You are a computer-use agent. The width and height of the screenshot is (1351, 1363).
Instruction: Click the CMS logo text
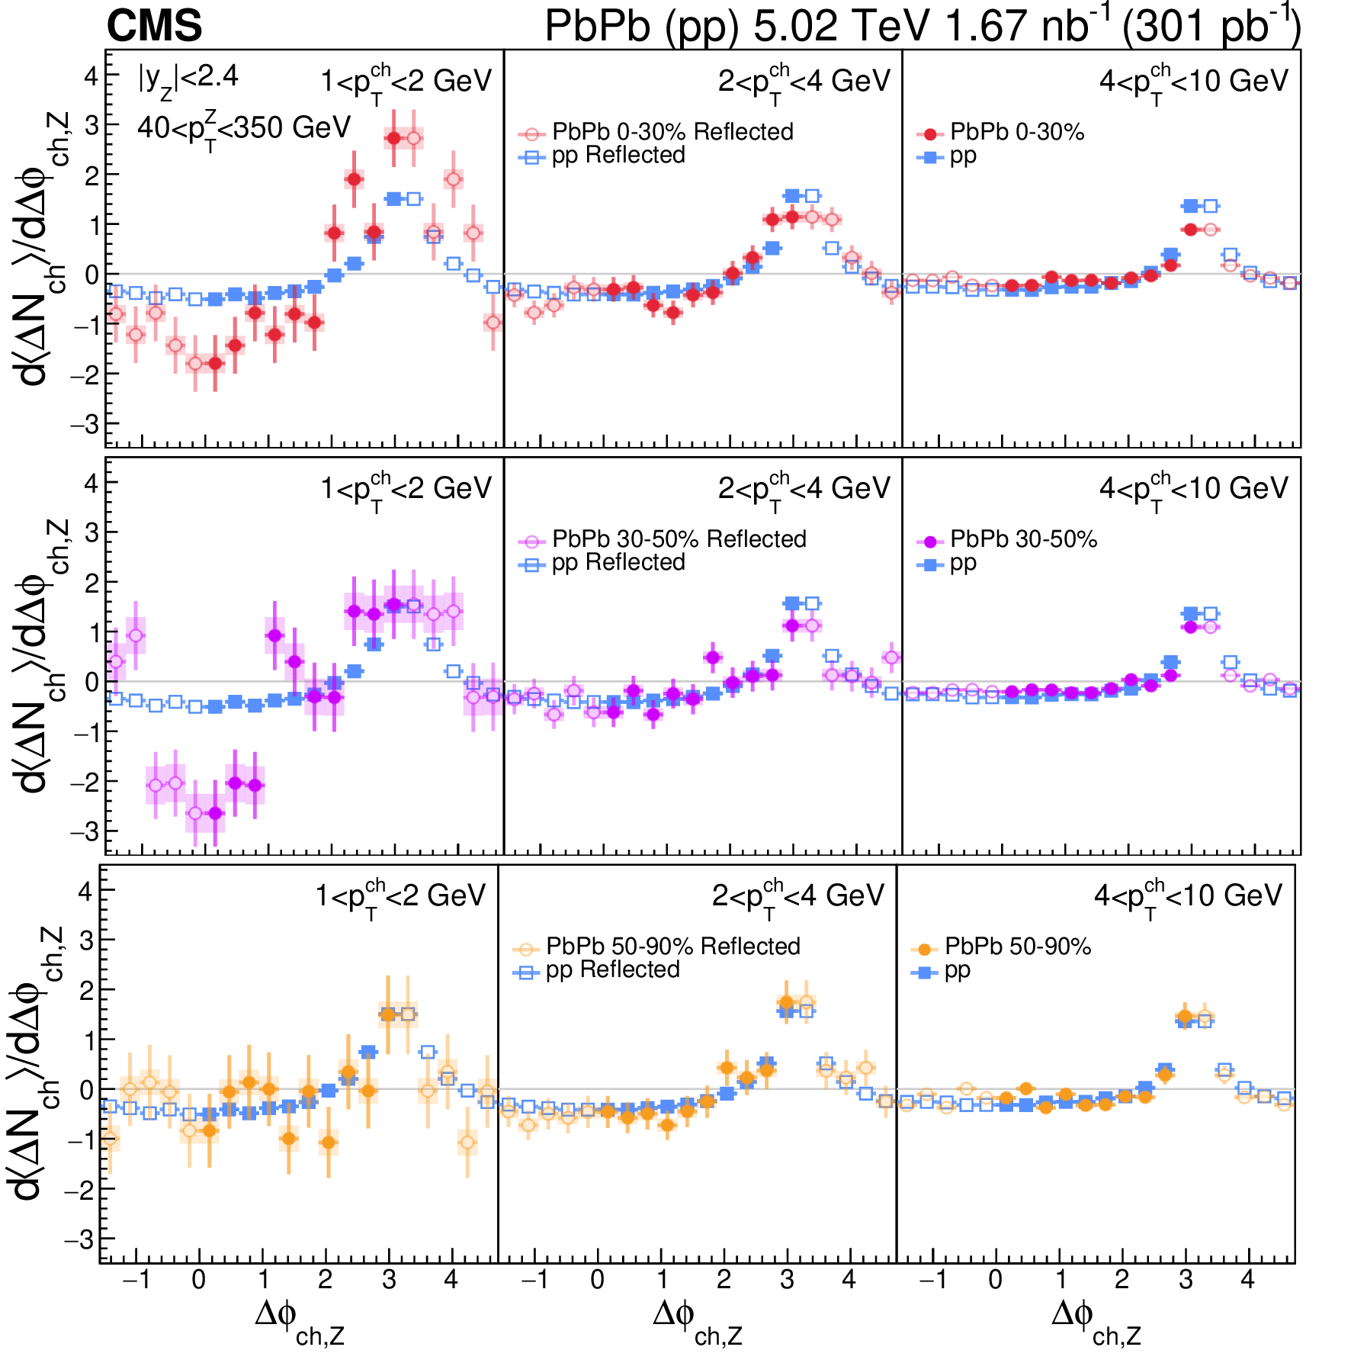tap(154, 26)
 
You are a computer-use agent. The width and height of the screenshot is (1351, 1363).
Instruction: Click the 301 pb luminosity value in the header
tap(1212, 26)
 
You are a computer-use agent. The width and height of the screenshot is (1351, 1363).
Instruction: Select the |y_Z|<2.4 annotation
tap(188, 79)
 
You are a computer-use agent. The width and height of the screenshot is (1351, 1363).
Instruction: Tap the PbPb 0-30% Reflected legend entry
tap(656, 132)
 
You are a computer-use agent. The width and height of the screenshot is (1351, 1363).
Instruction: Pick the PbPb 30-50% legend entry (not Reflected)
tap(1006, 540)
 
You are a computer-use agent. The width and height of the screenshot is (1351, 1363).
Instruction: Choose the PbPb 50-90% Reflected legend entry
tap(657, 947)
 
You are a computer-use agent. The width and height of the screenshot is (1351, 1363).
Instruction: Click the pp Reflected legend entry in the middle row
tap(602, 563)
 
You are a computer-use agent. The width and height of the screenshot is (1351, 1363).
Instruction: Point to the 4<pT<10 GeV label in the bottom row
tap(1188, 896)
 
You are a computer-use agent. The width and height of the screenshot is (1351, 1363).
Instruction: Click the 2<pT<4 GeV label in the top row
tap(804, 82)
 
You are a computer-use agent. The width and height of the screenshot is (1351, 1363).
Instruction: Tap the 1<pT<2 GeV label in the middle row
tap(406, 489)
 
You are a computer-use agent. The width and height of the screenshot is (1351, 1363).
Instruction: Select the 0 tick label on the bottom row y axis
tap(85, 1090)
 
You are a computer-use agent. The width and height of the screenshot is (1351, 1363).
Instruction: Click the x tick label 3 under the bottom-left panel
tap(389, 1280)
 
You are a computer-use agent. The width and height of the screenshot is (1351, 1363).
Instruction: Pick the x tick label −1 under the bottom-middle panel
tap(534, 1280)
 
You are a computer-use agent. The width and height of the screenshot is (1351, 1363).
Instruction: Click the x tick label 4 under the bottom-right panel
tap(1247, 1280)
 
